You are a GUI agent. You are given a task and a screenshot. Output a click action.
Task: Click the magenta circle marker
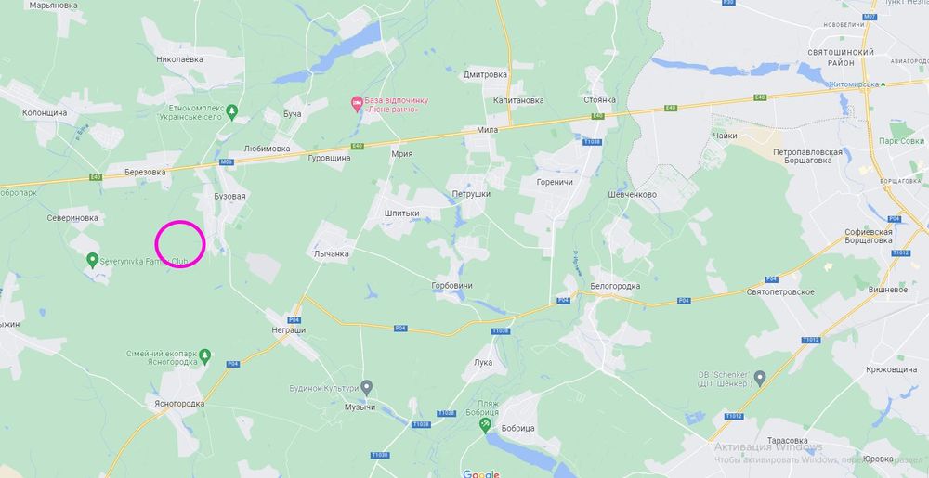179,245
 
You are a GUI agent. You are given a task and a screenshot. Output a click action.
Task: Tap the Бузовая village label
229,197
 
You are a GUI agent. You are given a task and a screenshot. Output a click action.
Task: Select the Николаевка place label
179,58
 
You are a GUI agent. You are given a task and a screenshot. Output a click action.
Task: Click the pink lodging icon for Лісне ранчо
355,102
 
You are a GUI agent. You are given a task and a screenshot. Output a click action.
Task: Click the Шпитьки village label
401,213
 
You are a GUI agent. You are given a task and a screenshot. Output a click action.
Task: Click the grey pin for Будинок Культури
367,386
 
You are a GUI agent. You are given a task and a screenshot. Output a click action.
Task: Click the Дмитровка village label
486,74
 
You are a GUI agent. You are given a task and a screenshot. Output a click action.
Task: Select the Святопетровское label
780,291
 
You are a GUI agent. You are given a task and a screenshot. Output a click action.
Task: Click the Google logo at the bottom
481,473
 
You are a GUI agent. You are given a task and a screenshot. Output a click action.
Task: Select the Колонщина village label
45,112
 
